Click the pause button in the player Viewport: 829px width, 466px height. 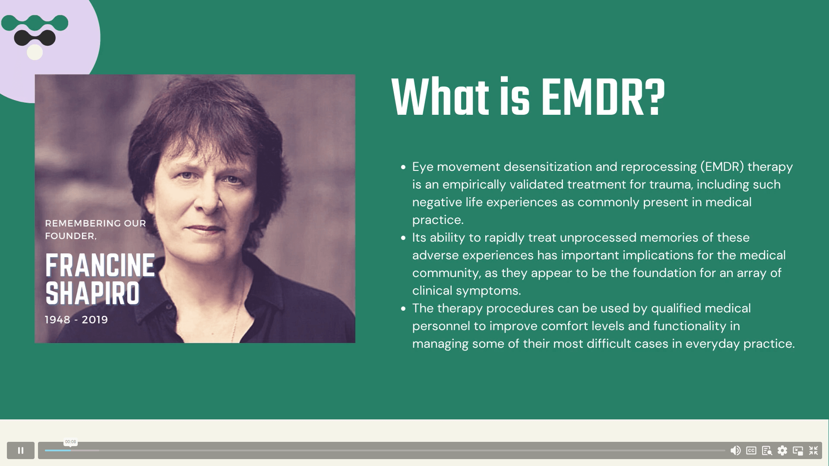(20, 450)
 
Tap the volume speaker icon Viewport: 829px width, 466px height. (735, 450)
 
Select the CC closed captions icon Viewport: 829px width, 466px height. (751, 450)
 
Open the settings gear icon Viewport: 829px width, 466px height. (782, 450)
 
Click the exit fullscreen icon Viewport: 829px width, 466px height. (813, 450)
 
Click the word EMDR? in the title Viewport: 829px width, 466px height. (603, 98)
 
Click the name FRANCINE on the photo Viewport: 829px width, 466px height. (100, 265)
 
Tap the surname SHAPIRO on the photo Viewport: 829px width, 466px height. (92, 293)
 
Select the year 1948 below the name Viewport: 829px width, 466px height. (57, 320)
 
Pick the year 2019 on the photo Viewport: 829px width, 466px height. (95, 320)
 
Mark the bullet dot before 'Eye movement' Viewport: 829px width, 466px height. (403, 167)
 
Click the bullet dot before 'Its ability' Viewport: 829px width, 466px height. (403, 238)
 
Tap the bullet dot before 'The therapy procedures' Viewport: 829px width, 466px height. (403, 309)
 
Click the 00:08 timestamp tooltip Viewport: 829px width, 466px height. (70, 442)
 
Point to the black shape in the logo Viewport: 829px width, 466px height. (35, 38)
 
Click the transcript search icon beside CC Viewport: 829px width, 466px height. (767, 450)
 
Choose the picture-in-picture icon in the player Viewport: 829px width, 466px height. (798, 450)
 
